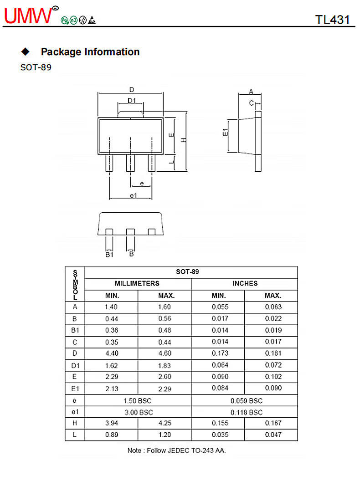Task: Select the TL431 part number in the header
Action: click(332, 20)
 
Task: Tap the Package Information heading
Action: click(90, 52)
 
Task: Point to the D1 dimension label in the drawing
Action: click(132, 101)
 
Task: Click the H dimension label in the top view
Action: click(183, 139)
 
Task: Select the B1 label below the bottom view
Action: click(109, 255)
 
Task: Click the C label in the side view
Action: click(251, 103)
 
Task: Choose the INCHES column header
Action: click(245, 283)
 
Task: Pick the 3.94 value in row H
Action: click(112, 423)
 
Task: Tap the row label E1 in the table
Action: click(75, 389)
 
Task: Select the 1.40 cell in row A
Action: click(112, 307)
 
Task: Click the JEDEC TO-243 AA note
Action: click(176, 450)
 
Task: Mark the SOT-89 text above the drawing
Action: click(36, 67)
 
